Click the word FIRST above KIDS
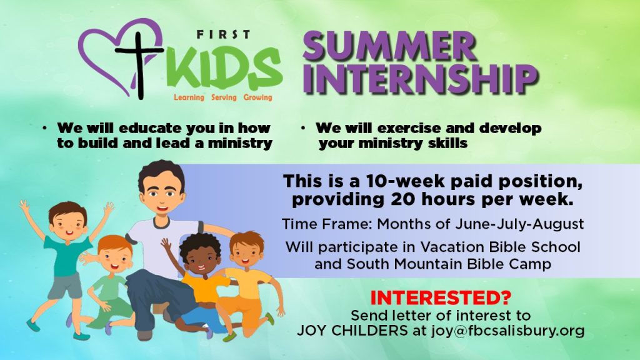coord(223,35)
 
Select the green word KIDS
coord(224,67)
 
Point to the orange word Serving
coord(224,97)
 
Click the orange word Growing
coord(257,97)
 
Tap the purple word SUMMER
coord(390,46)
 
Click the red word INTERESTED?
coord(441,298)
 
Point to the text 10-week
coord(399,181)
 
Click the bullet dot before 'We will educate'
coord(44,129)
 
